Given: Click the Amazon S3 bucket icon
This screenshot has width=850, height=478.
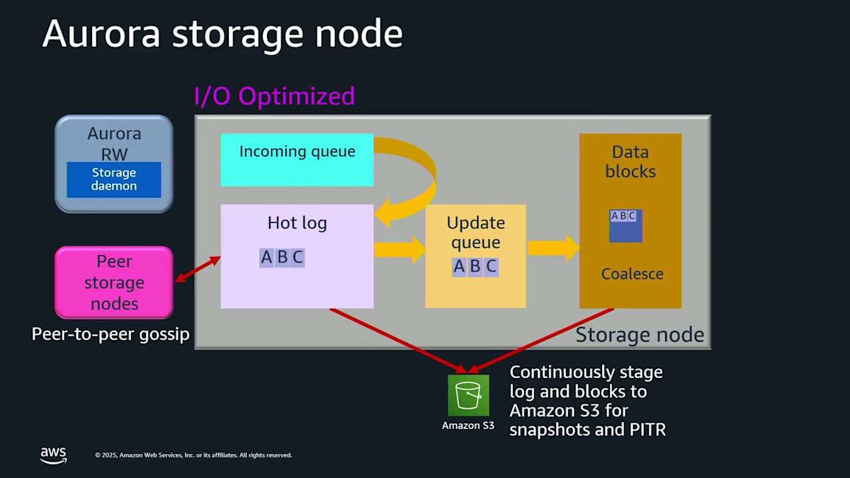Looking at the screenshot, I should tap(468, 395).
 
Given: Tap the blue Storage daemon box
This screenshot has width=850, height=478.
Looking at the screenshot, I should tap(114, 180).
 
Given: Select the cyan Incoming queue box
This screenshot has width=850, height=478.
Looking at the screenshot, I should tap(297, 160).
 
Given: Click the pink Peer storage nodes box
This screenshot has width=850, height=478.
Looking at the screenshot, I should tap(114, 283).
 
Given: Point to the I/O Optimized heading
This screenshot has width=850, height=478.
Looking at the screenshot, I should tap(274, 96).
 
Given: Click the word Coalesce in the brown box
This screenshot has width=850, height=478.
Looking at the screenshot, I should tap(632, 274).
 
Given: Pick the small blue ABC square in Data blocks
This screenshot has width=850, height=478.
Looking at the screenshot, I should tap(625, 226).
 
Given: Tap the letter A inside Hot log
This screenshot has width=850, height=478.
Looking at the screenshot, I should tap(266, 257).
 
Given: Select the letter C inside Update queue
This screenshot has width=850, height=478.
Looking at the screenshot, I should tap(491, 267).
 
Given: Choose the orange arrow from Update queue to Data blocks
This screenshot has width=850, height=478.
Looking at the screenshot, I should tap(553, 247).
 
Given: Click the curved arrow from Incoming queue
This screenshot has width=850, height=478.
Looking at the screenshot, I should tap(414, 177).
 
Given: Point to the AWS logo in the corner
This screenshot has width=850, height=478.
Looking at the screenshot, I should tap(53, 455).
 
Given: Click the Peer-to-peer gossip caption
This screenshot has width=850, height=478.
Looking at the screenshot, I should tap(110, 334).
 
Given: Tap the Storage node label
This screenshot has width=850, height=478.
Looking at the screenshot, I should tap(639, 335).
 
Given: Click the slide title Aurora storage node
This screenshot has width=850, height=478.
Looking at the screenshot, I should tap(222, 34).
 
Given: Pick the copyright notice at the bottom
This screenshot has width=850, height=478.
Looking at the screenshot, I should tap(193, 455).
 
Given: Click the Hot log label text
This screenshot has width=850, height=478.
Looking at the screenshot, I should tap(297, 223).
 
